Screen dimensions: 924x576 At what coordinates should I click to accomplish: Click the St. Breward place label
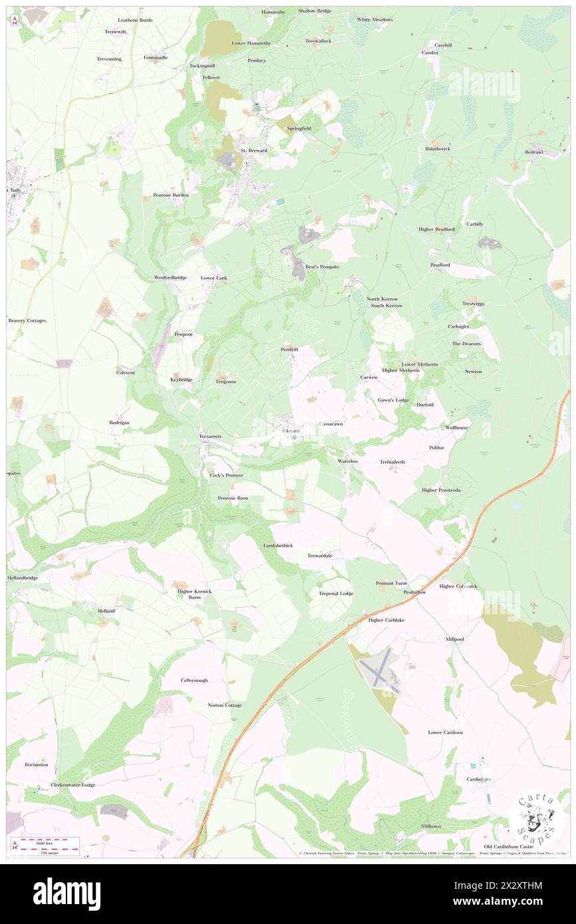pos(253,151)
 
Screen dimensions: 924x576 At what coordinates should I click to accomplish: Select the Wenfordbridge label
pos(170,277)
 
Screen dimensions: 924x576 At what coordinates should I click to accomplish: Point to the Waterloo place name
pos(348,461)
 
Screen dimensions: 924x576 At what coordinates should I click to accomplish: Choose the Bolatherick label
pos(437,148)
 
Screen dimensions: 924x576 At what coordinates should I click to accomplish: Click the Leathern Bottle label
pos(135,20)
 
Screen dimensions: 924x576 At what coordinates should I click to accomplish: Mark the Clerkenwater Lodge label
pos(73,784)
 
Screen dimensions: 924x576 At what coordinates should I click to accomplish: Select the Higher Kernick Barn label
pos(194,594)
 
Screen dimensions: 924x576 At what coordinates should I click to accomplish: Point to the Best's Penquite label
pos(322,267)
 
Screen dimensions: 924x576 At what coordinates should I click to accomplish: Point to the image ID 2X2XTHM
pos(518,885)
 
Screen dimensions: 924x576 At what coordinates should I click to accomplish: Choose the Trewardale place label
pos(319,555)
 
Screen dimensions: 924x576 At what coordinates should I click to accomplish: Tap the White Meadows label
pos(374,19)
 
